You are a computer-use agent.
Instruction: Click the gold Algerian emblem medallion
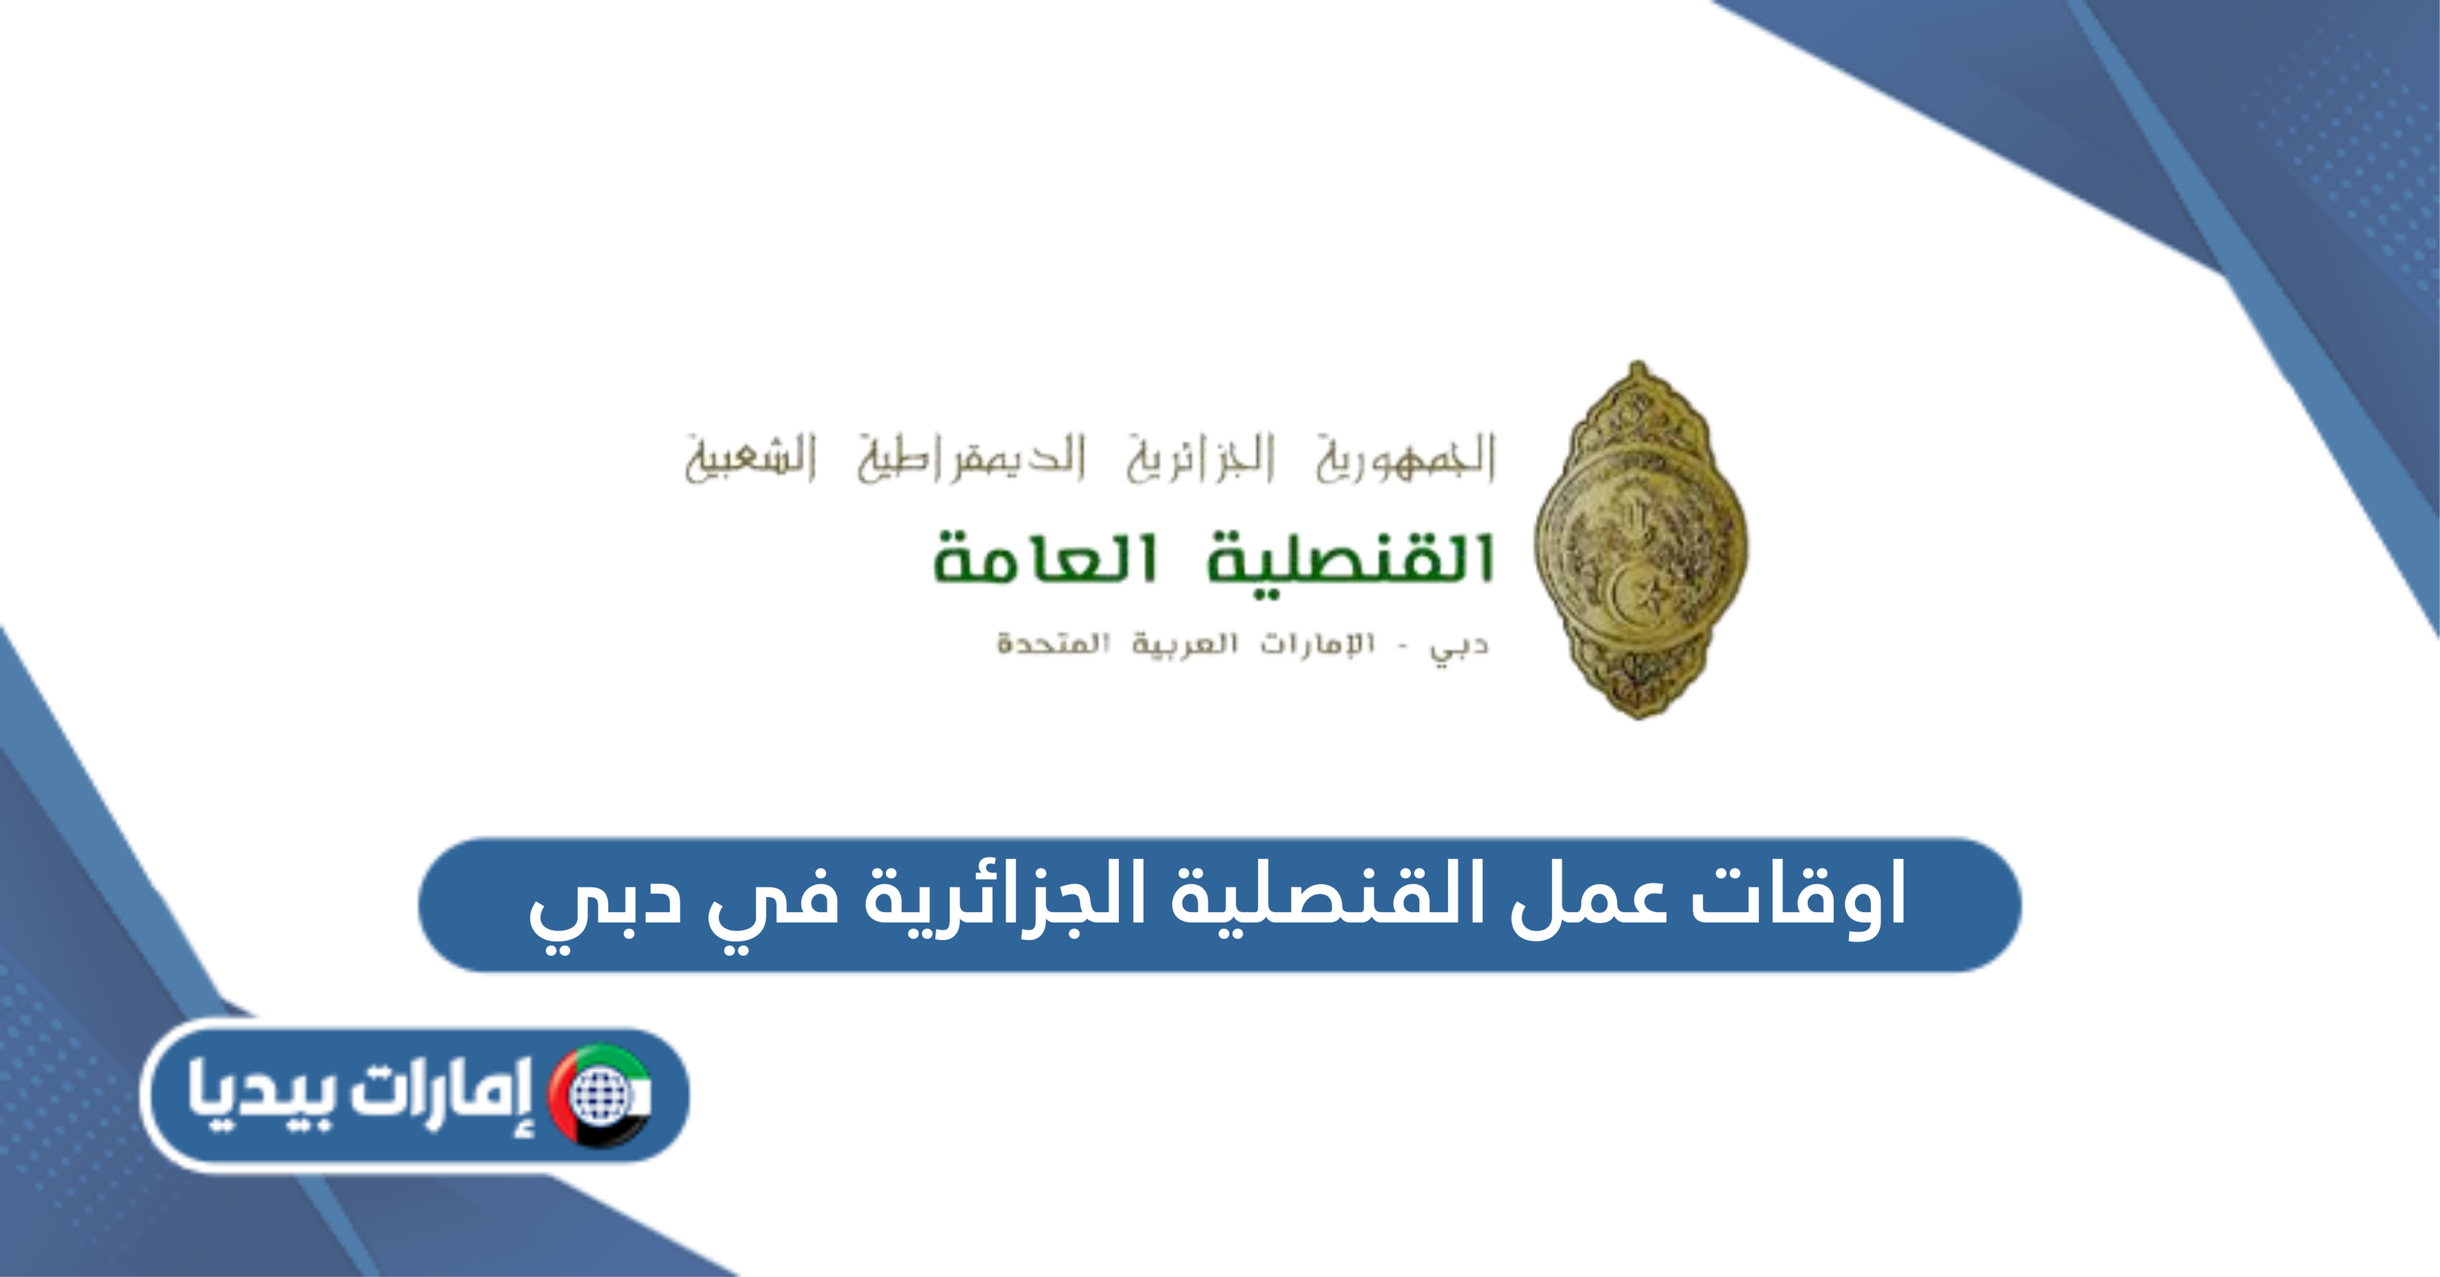(x=1640, y=540)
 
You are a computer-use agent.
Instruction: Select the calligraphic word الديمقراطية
(x=971, y=457)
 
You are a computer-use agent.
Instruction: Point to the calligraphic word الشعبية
(x=751, y=457)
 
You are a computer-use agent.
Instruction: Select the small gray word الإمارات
(x=1316, y=644)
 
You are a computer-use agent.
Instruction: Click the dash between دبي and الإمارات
(x=1403, y=647)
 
